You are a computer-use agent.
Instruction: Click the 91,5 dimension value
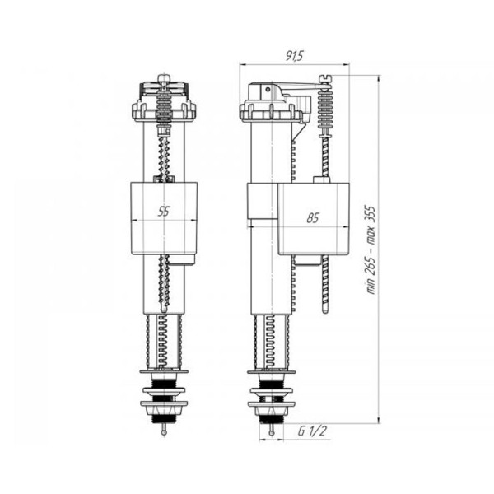(x=294, y=56)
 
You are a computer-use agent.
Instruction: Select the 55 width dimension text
(x=164, y=212)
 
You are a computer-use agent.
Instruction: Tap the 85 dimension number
(x=313, y=218)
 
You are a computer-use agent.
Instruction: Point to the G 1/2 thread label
(x=312, y=431)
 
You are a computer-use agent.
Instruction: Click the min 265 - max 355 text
(x=371, y=250)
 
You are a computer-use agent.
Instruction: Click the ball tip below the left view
(x=164, y=432)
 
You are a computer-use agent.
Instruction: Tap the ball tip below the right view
(x=271, y=432)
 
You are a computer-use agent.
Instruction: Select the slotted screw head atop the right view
(x=325, y=78)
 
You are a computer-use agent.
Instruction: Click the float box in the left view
(x=164, y=218)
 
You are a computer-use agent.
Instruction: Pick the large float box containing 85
(x=314, y=219)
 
